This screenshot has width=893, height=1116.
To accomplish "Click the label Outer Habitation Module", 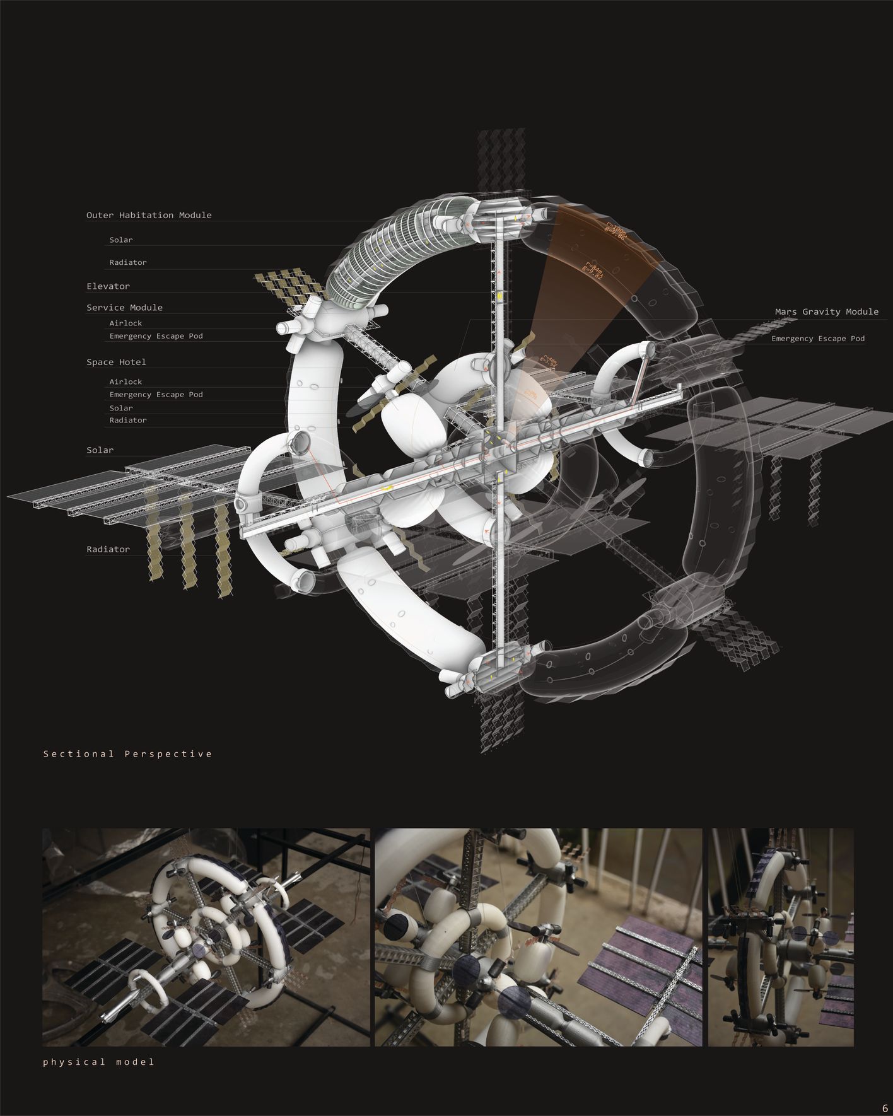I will [149, 215].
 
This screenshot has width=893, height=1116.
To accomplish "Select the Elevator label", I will [108, 286].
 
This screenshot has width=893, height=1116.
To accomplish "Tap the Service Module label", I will [124, 308].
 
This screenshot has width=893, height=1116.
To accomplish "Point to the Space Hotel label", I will [116, 362].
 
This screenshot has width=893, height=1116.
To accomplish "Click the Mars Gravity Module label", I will [826, 311].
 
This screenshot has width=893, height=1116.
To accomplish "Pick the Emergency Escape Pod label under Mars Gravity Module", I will [818, 339].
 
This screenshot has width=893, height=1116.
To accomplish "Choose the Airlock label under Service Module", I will [125, 323].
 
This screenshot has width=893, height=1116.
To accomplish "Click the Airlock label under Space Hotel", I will [125, 381].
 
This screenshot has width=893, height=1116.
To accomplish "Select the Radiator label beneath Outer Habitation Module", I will [127, 262].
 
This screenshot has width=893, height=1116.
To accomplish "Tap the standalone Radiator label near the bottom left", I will [108, 549].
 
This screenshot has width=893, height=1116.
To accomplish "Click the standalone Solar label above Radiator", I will [100, 450].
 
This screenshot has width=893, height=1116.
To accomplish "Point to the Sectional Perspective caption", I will [127, 753].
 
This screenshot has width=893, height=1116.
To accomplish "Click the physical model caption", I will [98, 1062].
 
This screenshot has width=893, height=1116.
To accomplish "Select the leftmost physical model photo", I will [206, 937].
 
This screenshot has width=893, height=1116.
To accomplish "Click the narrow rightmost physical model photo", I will [780, 937].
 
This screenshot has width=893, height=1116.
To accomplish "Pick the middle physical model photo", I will [538, 937].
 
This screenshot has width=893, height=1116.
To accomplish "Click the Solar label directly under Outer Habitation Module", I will [120, 240].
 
